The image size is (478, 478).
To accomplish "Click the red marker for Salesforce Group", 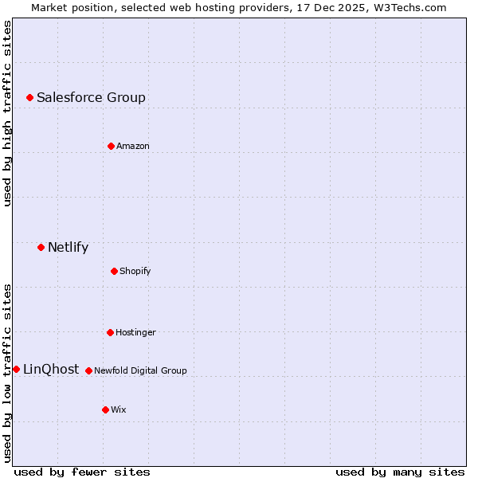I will tap(29, 97).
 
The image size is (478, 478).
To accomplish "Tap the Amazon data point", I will tap(111, 146).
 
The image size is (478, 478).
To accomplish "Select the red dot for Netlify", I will tap(41, 247).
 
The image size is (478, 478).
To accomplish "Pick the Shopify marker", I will tap(114, 271).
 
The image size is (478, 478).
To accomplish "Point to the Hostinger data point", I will tap(110, 332).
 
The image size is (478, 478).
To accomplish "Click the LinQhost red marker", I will tap(16, 369).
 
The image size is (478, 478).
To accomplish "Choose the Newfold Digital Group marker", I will tap(88, 370).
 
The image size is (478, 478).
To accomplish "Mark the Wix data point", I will tap(105, 409).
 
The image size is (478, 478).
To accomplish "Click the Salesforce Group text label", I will tap(91, 97).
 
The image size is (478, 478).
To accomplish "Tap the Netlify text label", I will tap(68, 247).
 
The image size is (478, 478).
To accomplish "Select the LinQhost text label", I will tap(51, 369).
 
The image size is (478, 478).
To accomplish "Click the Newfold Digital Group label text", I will tap(140, 370).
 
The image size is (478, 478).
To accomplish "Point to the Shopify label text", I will tap(135, 271).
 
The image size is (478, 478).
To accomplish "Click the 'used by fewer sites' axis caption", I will tap(82, 472).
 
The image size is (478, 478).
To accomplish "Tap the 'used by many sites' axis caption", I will tap(400, 472).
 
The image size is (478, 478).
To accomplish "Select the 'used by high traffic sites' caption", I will tap(7, 114).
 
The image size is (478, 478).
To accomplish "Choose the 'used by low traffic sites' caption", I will tap(7, 373).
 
